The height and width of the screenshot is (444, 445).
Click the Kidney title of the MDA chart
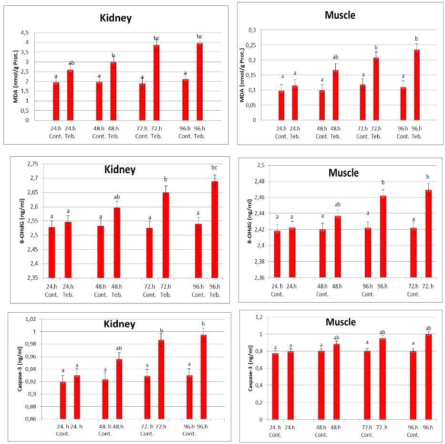115,18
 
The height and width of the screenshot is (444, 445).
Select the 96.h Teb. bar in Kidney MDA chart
200,82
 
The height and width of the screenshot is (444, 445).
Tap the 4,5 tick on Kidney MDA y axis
25,32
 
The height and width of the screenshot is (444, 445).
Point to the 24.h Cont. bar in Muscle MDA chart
281,106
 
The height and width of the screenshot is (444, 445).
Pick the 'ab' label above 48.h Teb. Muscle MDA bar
335,57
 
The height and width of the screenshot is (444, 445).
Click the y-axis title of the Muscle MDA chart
242,75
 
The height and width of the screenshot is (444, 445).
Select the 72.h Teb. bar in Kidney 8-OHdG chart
166,235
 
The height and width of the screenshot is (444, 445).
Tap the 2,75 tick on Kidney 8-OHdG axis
32,164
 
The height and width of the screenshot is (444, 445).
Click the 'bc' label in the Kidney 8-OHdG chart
214,168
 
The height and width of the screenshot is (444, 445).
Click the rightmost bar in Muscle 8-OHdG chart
428,233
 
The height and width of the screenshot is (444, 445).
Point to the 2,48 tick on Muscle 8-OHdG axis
259,181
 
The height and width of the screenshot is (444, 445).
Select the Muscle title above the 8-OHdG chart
343,173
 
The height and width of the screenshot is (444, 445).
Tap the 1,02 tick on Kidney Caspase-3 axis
31,319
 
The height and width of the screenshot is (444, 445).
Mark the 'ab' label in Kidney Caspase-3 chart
119,348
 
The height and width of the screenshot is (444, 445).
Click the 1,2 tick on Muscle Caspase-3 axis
259,317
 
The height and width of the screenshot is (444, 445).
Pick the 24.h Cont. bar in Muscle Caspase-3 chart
275,386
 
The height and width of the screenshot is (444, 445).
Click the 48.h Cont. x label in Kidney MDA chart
99,132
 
